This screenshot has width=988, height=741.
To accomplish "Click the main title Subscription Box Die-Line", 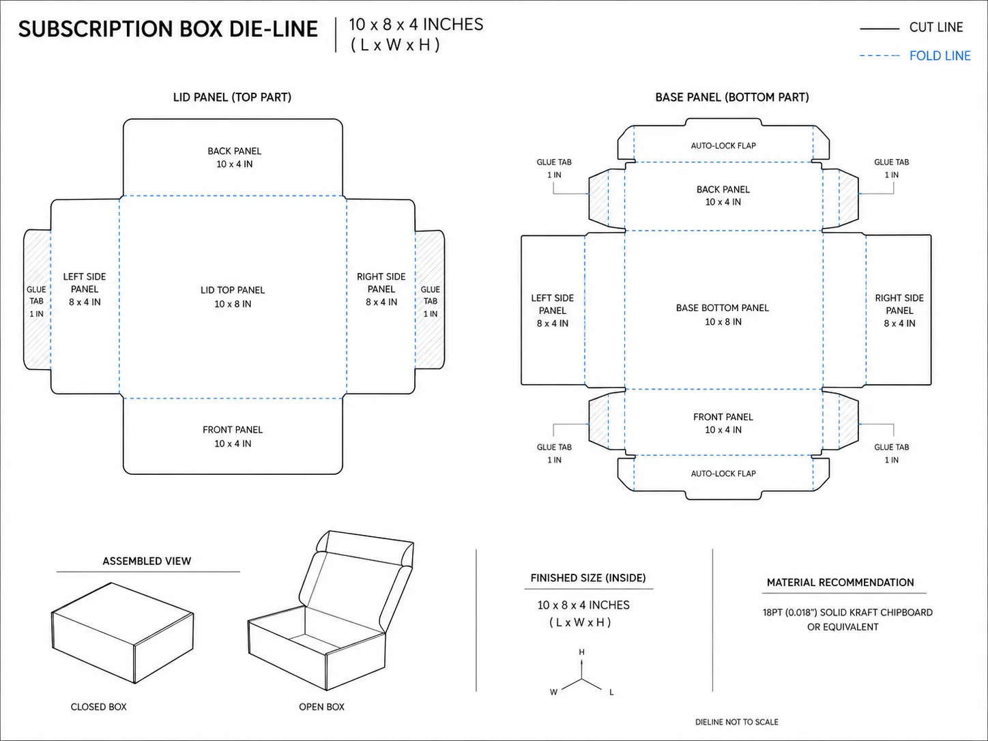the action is pos(168,29).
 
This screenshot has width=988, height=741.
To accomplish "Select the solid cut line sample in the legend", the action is pos(879,29).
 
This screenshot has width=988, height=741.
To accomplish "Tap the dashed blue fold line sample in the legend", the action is pos(879,56).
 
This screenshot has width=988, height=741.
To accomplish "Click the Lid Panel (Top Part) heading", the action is pos(232,97).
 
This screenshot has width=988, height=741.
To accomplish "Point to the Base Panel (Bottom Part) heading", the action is pos(732,97).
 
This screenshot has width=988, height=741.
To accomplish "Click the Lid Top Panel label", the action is pos(233,290).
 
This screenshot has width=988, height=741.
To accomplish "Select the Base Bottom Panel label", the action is pos(723,308).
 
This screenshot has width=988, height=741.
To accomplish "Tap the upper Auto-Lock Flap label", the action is pos(723,146).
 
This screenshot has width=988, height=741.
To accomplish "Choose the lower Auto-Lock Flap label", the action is pos(723,474).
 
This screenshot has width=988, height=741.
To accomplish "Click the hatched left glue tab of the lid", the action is pos(37,300).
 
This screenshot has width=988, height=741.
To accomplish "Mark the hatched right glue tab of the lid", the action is pos(430,300).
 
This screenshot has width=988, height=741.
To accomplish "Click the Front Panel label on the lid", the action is pos(233,430).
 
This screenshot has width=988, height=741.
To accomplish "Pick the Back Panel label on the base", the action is pos(723,190).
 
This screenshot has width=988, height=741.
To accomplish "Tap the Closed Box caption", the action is pos(98,707).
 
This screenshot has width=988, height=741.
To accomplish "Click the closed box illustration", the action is pos(122,633).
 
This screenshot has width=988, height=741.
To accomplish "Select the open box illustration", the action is pos(331,611).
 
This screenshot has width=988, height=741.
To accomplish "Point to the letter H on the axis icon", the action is pos(581,652).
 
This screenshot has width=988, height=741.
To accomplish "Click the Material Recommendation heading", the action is pos(841,583).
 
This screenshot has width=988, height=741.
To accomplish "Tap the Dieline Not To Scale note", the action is pos(736,722).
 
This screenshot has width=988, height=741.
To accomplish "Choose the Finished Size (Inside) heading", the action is pos(588,578).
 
